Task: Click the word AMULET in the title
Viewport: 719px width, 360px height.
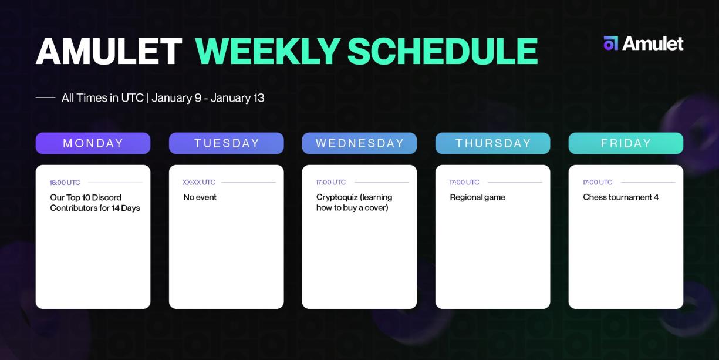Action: coord(109,52)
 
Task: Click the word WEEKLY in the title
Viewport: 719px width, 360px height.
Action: coord(267,52)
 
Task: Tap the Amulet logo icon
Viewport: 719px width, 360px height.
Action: coord(610,43)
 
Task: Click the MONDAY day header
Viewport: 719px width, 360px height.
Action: coord(93,143)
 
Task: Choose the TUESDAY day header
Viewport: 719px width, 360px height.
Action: coord(227,143)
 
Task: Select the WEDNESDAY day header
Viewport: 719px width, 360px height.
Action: coord(359,143)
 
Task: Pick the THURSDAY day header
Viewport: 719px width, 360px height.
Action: coord(493,143)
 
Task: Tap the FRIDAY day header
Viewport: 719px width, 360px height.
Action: coord(626,143)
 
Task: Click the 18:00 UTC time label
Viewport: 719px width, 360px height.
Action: coord(65,183)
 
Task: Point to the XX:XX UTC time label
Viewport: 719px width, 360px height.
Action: coord(199,183)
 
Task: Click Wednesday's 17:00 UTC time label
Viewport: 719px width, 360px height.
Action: coord(331,183)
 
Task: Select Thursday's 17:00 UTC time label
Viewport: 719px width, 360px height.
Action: coord(464,183)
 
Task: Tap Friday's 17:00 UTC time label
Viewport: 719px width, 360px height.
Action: coord(598,183)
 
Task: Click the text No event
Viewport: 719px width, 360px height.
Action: coord(200,197)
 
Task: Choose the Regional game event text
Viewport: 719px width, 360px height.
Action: coord(477,197)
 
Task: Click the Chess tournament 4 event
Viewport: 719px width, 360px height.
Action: coord(620,197)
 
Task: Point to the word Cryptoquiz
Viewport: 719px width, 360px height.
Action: coord(336,197)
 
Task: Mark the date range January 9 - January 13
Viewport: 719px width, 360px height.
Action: coord(208,98)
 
